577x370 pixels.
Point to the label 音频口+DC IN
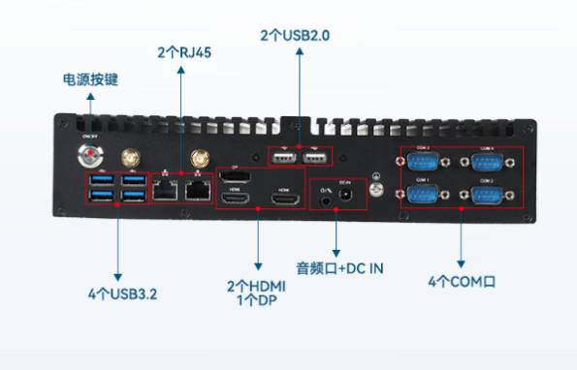[339, 265]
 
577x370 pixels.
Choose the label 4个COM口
[462, 282]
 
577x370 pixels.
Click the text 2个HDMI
[257, 287]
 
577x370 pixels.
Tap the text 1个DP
[257, 301]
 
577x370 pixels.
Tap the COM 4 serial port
[485, 161]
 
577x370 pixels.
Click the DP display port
[233, 178]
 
